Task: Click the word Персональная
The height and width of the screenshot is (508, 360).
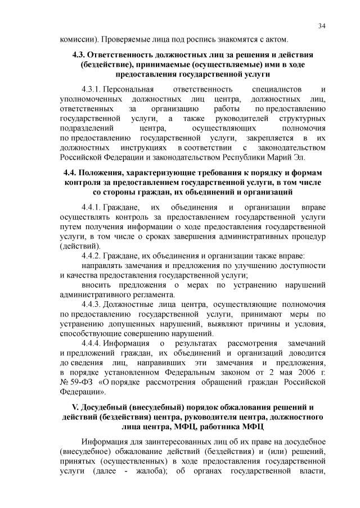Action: [x=130, y=89]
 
